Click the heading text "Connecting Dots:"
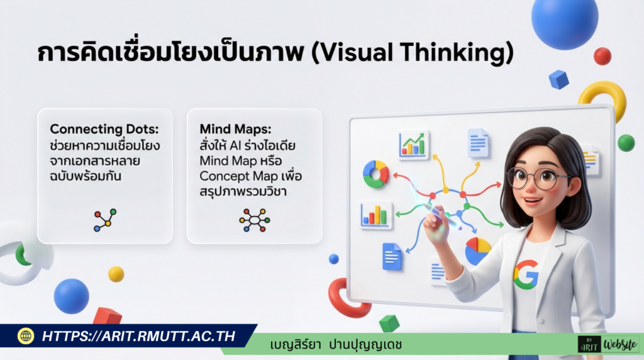tap(104, 129)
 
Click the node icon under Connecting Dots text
tap(104, 220)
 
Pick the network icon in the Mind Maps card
tap(254, 220)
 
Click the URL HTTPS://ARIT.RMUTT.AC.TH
tap(138, 336)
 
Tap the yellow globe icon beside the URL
tap(26, 336)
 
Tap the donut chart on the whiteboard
tap(375, 174)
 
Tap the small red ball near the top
tap(602, 56)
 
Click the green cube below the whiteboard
tap(389, 323)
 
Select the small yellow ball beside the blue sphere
tap(116, 274)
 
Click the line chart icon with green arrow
tap(413, 144)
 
